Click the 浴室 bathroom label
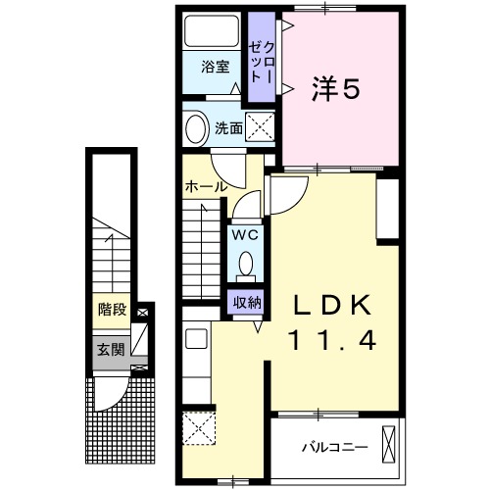(x=216, y=68)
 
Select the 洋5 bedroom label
(x=336, y=89)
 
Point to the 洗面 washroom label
(x=229, y=127)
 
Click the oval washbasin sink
(x=196, y=128)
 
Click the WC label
(x=245, y=235)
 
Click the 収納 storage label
(x=246, y=302)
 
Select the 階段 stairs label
(x=112, y=311)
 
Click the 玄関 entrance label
(x=110, y=348)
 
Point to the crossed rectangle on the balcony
(x=394, y=446)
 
